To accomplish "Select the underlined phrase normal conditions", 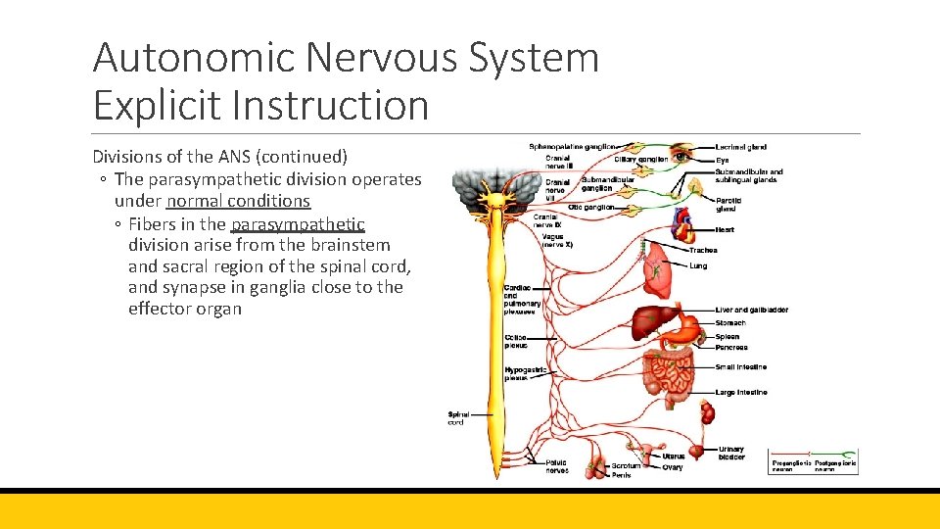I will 238,201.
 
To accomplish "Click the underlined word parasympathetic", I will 298,223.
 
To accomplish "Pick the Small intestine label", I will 741,367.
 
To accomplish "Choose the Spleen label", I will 728,337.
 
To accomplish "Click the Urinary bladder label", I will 730,454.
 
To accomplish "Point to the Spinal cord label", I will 458,418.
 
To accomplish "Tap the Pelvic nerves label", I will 556,466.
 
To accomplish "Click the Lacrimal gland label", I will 740,147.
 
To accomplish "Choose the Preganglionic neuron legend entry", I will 791,466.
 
